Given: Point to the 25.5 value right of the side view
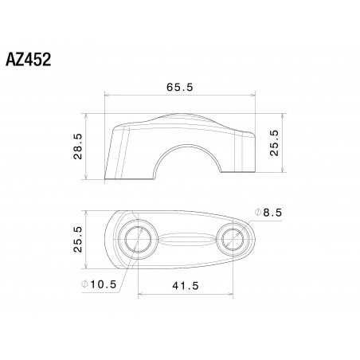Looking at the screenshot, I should click(x=274, y=143).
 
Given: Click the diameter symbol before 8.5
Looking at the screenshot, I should click(x=258, y=211).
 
